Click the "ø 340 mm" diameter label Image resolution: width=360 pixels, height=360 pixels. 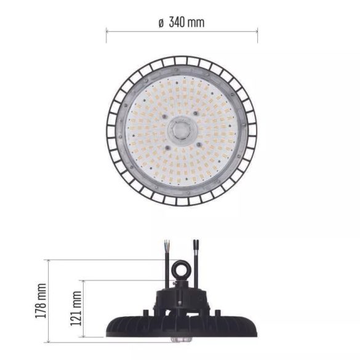pos(181,22)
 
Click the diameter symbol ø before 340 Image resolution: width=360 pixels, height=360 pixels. pos(161,23)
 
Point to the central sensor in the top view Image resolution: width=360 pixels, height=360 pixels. pos(181,130)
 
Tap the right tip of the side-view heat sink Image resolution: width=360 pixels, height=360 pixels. pos(254,326)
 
